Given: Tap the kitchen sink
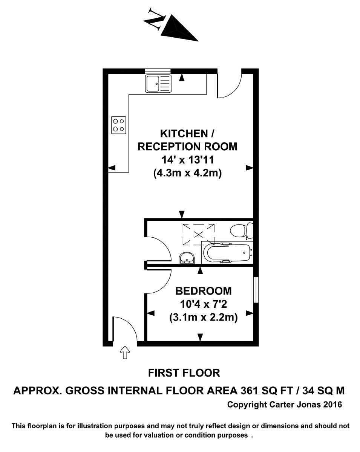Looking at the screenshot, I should pyautogui.click(x=158, y=83).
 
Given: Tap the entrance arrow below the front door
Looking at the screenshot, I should pyautogui.click(x=124, y=353).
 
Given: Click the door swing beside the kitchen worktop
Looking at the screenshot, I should pyautogui.click(x=229, y=85).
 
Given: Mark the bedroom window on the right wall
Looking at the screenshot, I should pyautogui.click(x=256, y=290).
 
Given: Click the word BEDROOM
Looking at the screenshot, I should pyautogui.click(x=204, y=291).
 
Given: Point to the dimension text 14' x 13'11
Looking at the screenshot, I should pyautogui.click(x=188, y=160).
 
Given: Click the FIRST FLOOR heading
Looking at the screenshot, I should pyautogui.click(x=184, y=373).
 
